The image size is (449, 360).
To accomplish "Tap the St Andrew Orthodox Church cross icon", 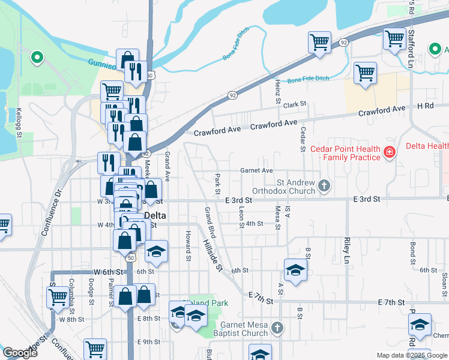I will coord(324,185).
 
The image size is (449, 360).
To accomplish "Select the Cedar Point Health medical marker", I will coord(390,152).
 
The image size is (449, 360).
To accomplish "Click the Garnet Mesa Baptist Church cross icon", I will coord(276,328).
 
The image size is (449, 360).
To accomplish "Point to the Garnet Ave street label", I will coord(256,170).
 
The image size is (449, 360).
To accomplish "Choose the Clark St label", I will coord(295,104).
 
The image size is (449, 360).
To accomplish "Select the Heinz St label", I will coord(278,90).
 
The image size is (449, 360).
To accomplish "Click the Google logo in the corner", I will coord(20,353).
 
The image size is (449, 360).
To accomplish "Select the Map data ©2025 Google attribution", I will coord(412,355).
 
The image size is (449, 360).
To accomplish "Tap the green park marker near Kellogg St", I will coord(37,58).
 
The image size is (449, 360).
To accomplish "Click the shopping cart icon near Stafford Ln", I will coord(394,39).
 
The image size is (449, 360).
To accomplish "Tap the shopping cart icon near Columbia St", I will coord(58,296).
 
